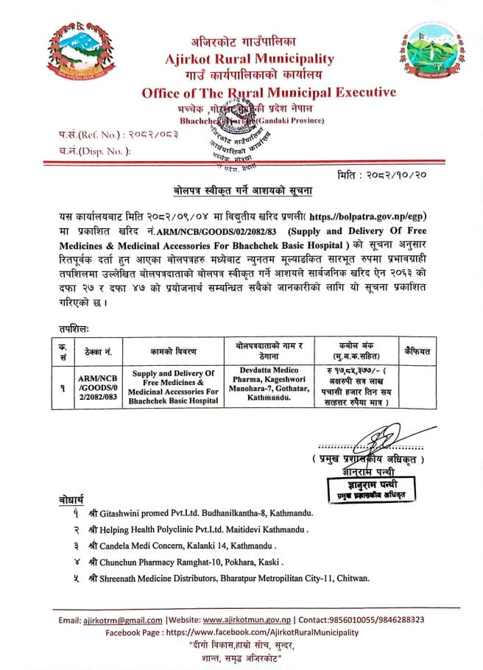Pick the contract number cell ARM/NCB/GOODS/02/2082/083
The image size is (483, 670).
coord(98,387)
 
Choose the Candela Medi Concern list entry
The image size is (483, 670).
coord(182,546)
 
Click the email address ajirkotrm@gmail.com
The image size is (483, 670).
coord(124,619)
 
